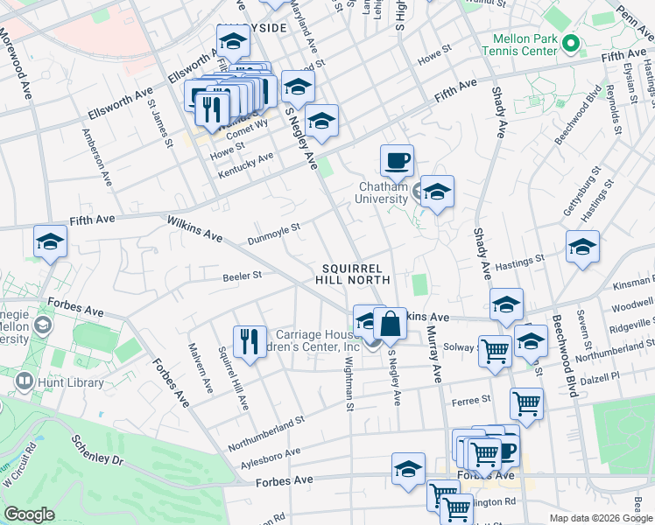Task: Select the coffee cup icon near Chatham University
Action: (x=397, y=161)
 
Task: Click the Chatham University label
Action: (x=384, y=192)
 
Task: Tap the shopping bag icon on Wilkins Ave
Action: (x=390, y=324)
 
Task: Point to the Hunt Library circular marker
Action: (x=24, y=381)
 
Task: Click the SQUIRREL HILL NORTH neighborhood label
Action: (x=354, y=274)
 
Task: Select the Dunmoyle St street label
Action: (x=274, y=230)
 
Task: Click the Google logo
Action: (x=30, y=514)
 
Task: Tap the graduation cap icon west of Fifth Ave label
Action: (x=50, y=242)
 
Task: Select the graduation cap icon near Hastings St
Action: (x=582, y=248)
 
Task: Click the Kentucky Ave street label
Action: (x=246, y=164)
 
